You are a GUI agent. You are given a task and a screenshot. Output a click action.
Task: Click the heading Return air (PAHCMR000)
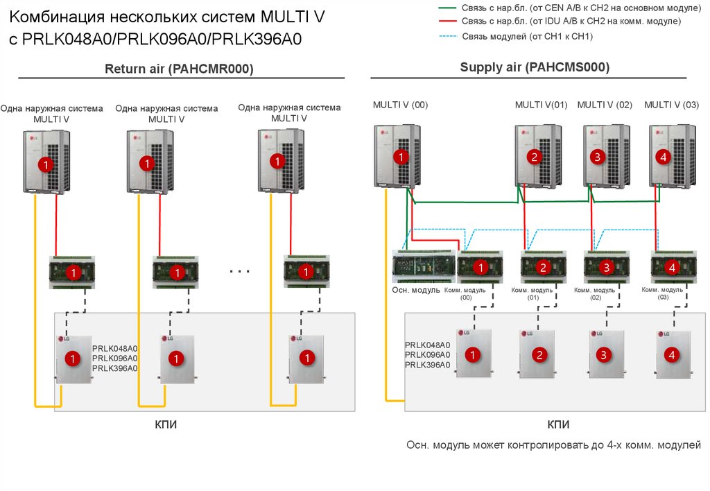coord(179,69)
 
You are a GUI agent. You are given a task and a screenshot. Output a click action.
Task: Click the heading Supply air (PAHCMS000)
coord(535,67)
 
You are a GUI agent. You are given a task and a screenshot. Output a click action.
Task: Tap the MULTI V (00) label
coord(400,105)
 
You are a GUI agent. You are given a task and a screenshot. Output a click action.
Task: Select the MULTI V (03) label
coord(671,105)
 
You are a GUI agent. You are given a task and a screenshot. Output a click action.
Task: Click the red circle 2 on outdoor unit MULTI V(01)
coord(534,157)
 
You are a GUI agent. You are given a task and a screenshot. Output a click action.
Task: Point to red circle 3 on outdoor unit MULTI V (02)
coord(598,157)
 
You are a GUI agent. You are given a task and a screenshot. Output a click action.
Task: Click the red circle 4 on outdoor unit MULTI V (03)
coord(664,157)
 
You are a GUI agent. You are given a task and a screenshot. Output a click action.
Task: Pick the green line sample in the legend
coord(449,7)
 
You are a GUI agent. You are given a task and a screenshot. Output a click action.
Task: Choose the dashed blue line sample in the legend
coord(449,35)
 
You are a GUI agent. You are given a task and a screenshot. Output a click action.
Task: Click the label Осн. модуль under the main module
coord(416,290)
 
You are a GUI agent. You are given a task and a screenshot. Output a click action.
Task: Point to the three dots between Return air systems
coord(239,271)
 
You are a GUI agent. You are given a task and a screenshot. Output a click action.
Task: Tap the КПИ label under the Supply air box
coord(558,424)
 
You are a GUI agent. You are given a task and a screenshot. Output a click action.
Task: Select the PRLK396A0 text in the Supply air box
coord(427,365)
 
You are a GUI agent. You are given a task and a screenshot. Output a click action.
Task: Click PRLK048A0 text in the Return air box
coord(115,348)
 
